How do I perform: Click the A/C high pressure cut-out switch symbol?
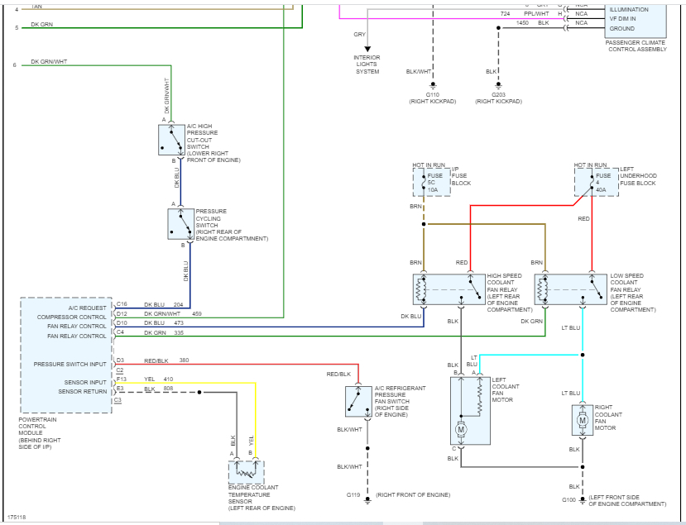172,140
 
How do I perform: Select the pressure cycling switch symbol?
180,223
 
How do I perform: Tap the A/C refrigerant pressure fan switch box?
358,401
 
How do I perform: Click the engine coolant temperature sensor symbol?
246,472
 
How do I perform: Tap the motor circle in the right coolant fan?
583,420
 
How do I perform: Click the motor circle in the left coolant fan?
461,429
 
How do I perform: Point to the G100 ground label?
568,499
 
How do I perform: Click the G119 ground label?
353,494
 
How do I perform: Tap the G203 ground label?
498,95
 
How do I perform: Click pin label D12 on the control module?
121,314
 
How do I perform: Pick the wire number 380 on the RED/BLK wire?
184,360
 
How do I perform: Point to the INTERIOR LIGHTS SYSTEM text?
367,64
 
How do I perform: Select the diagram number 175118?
17,517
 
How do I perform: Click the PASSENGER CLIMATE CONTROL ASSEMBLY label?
636,45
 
